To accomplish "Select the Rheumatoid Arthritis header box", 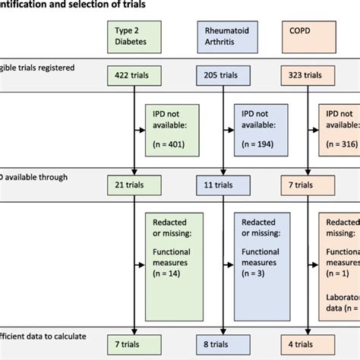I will point(223,36).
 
